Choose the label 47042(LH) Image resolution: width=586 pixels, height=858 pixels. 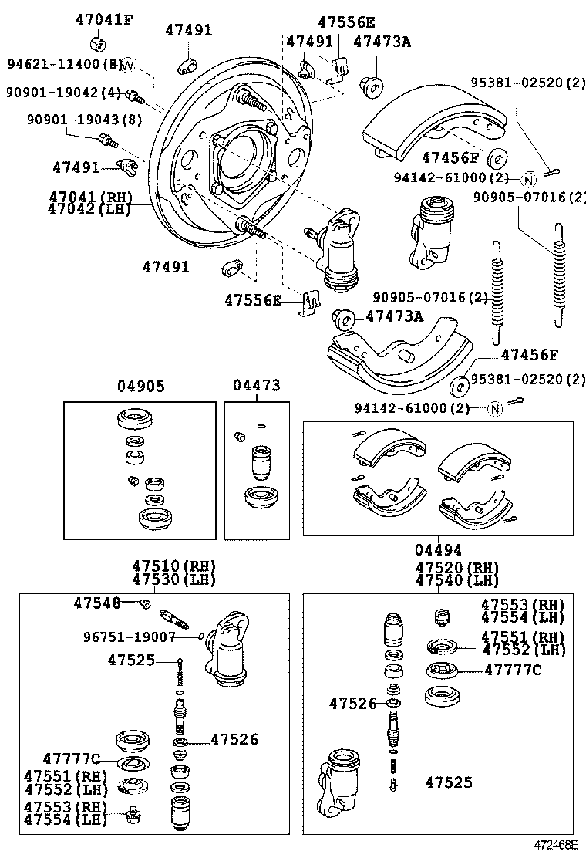88,208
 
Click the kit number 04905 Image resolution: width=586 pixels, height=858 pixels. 140,386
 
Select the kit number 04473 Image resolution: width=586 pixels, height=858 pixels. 257,386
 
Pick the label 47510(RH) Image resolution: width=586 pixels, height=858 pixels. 173,565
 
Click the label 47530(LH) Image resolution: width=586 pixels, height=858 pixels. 173,579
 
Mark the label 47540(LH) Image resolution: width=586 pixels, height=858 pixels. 456,579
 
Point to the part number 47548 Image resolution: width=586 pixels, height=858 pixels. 98,603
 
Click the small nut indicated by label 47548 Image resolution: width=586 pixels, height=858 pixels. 145,603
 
